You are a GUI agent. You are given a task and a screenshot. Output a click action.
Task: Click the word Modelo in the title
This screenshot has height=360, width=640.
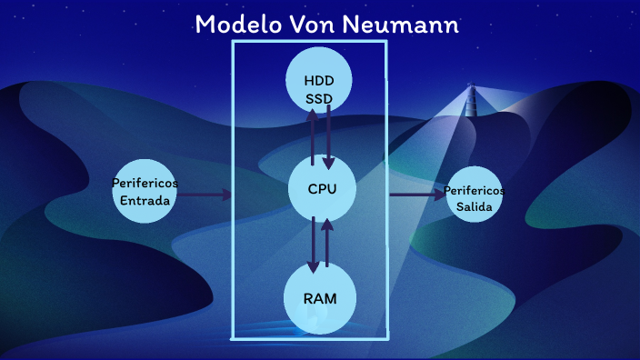click(234, 25)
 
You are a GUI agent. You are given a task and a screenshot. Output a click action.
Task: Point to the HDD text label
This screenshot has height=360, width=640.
click(319, 80)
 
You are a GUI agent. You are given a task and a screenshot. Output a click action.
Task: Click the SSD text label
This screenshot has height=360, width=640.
click(319, 96)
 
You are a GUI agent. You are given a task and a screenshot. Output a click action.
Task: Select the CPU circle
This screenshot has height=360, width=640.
click(322, 189)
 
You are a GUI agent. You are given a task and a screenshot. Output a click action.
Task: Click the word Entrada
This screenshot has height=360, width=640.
click(145, 200)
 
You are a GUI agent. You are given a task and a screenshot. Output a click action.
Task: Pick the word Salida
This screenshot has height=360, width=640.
click(475, 207)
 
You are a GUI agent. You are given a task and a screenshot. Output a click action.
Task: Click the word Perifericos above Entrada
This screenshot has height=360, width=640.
click(145, 183)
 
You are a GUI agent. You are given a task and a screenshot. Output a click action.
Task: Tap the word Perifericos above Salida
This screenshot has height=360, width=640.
click(475, 192)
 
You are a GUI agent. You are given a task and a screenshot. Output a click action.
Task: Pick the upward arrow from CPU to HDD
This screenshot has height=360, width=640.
click(313, 136)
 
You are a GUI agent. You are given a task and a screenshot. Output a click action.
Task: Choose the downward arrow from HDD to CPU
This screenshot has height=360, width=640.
click(328, 136)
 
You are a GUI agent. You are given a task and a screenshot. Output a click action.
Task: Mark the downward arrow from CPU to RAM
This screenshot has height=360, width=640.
click(313, 244)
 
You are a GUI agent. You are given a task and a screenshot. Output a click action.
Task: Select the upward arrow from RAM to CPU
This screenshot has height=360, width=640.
click(326, 242)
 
